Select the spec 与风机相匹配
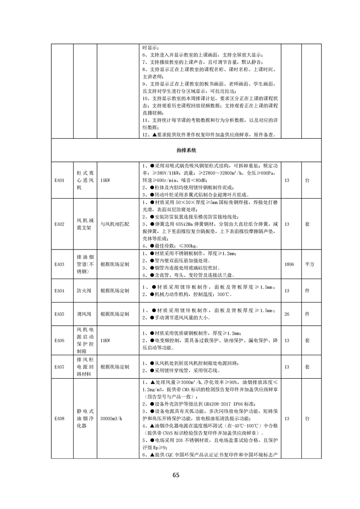click(114, 224)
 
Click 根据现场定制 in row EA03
click(114, 264)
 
